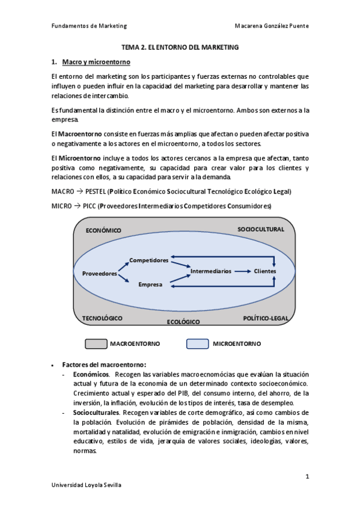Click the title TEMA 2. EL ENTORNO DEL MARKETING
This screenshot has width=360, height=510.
180,46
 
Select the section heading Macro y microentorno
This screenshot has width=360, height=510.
96,62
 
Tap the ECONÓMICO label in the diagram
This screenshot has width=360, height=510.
103,230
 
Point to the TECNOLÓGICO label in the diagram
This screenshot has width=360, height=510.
106,318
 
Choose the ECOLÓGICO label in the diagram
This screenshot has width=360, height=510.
183,322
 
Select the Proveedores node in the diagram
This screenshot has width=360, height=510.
99,274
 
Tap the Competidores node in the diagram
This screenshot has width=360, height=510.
149,260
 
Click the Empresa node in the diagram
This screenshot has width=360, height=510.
150,284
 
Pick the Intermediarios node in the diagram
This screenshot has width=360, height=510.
210,271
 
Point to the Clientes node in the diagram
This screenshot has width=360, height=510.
265,271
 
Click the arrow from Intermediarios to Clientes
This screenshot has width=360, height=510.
242,271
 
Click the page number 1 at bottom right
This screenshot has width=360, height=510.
307,476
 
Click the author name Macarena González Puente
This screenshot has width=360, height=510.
273,26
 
